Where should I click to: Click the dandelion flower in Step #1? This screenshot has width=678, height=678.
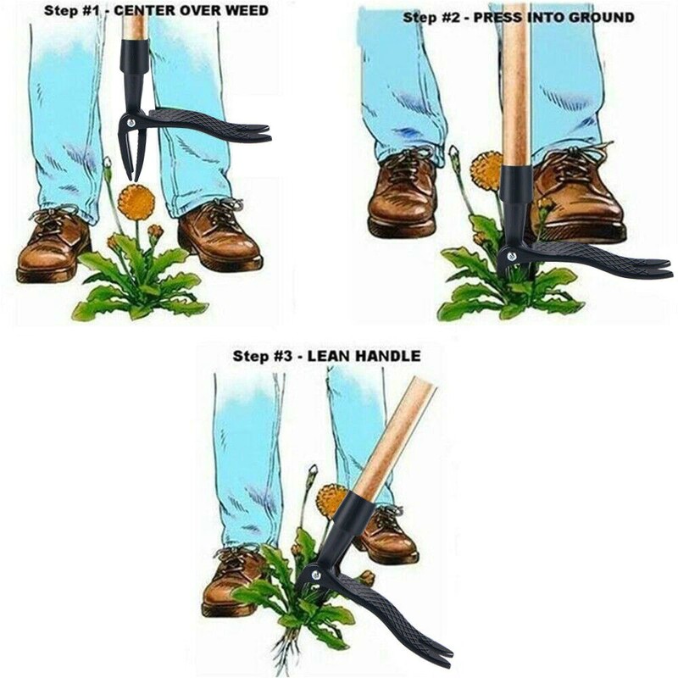click(136, 202)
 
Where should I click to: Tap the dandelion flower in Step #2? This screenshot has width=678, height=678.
click(486, 169)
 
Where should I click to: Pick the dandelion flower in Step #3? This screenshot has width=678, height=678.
click(331, 501)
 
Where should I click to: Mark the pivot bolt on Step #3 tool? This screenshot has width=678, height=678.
click(316, 575)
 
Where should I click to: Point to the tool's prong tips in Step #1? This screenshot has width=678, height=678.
click(131, 176)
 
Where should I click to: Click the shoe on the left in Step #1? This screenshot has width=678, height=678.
click(53, 247)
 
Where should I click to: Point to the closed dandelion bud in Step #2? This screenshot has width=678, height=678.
click(453, 155)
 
